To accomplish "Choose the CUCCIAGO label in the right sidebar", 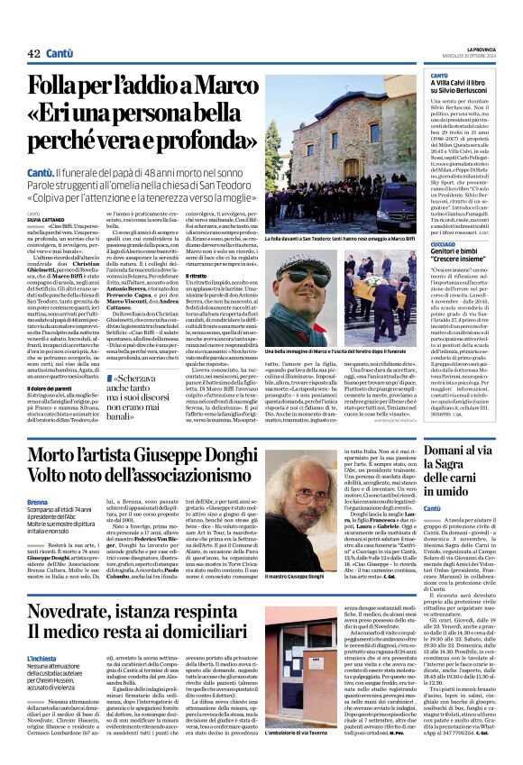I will tap(444, 243).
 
